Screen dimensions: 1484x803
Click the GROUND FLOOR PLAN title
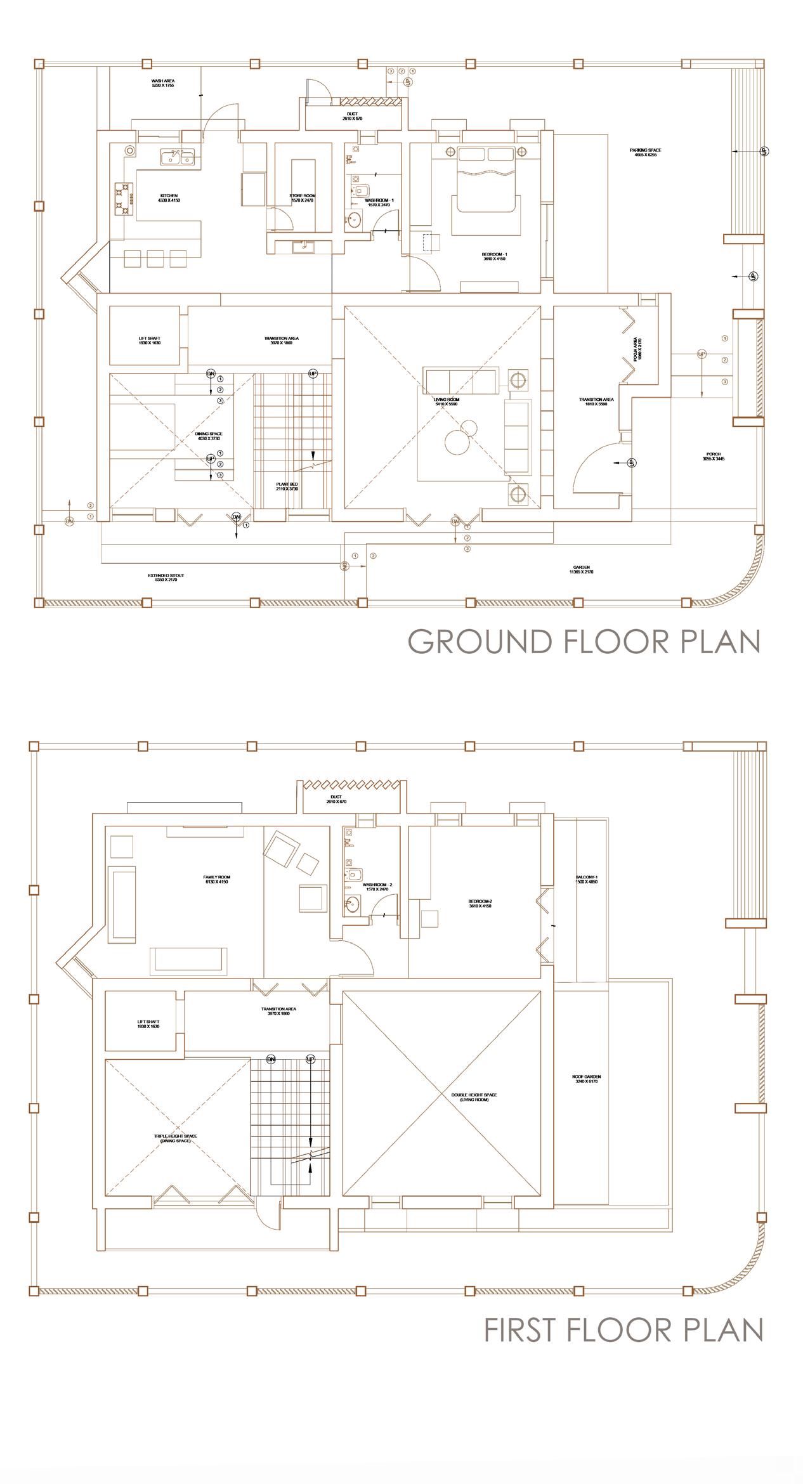click(584, 641)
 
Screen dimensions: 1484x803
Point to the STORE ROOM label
click(303, 198)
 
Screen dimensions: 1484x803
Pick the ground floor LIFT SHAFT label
click(150, 341)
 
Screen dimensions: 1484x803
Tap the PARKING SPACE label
click(645, 152)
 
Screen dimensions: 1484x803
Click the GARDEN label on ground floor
click(581, 570)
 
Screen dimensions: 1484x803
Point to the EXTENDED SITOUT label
click(166, 578)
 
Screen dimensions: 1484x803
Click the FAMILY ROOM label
click(216, 879)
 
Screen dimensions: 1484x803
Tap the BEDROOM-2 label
click(480, 903)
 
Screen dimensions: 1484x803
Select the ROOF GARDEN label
click(586, 1079)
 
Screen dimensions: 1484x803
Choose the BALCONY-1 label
click(586, 879)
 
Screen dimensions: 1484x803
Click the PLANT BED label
click(287, 486)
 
